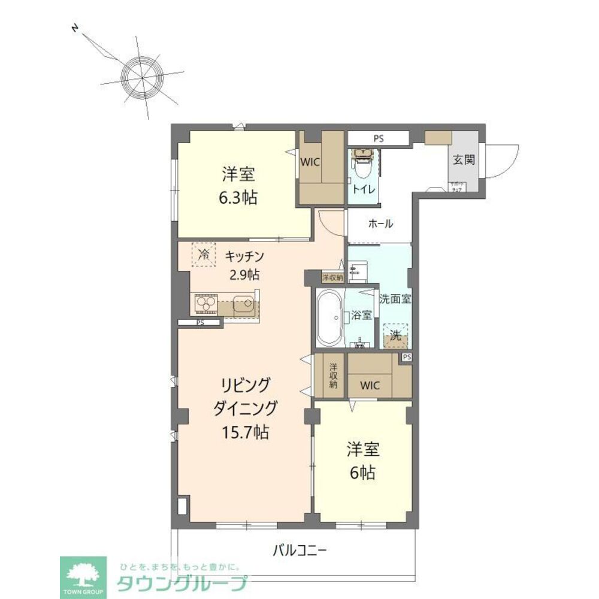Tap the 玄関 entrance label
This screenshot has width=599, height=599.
click(x=464, y=160)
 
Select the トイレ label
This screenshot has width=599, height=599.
click(x=364, y=189)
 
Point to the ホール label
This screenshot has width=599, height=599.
click(x=380, y=224)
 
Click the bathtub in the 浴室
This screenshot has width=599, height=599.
click(x=328, y=317)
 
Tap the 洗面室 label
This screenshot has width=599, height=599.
click(x=395, y=298)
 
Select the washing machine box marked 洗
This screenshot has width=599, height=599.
click(x=395, y=335)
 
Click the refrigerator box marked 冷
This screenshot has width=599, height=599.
click(x=204, y=253)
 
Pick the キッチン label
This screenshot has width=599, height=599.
click(x=244, y=257)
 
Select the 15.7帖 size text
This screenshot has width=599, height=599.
click(x=246, y=432)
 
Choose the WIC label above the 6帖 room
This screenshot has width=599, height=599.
click(x=370, y=386)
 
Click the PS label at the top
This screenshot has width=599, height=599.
click(x=378, y=138)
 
